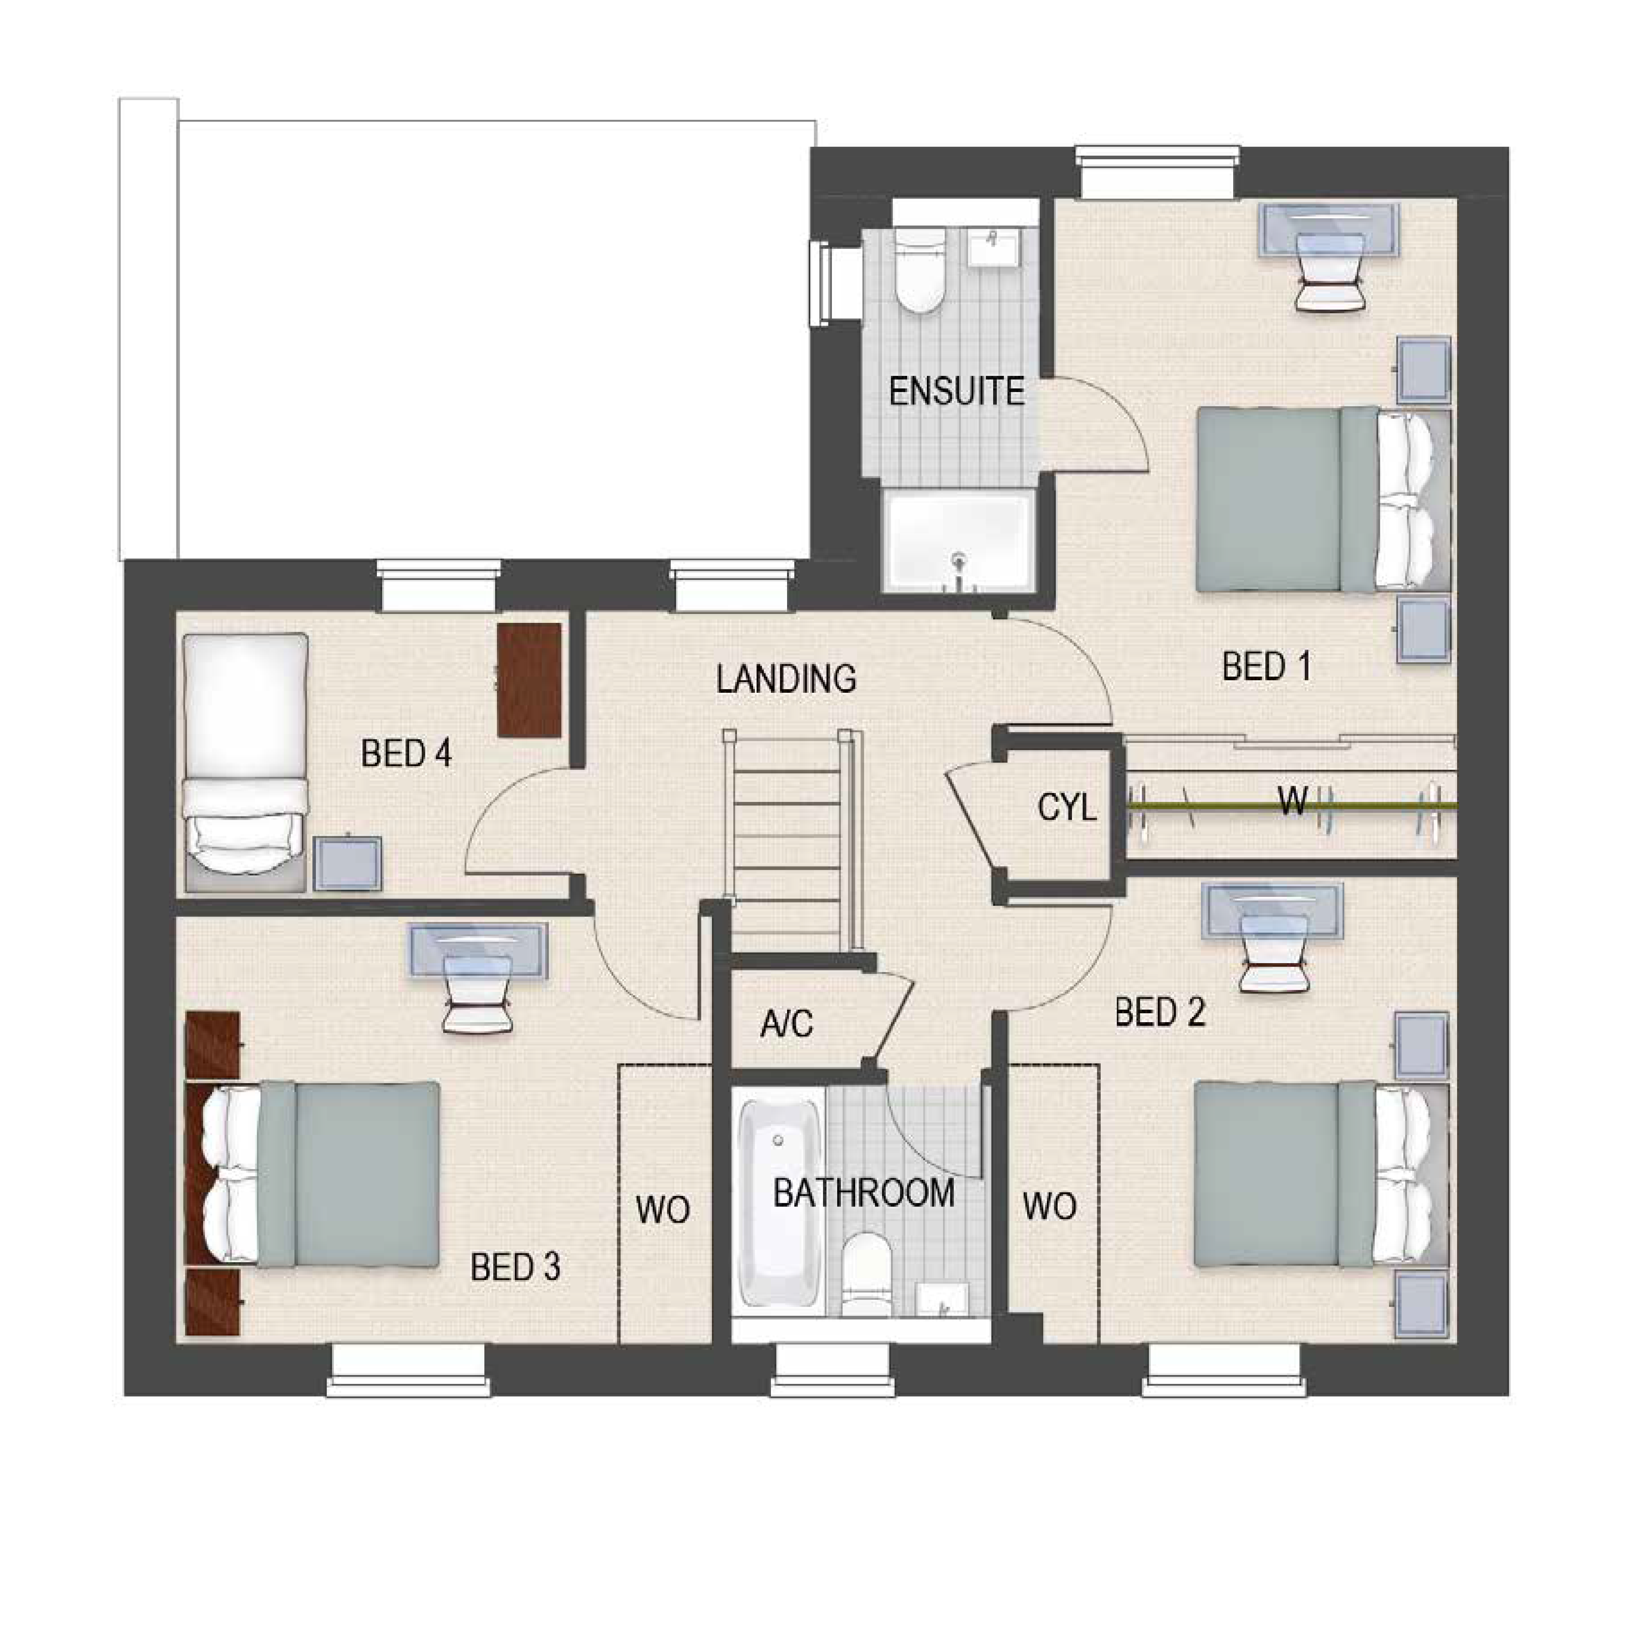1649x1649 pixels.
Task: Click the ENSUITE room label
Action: [957, 392]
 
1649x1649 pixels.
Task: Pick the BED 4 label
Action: [406, 754]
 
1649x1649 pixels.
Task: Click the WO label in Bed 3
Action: [663, 1210]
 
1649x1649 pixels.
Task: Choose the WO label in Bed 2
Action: [1050, 1207]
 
